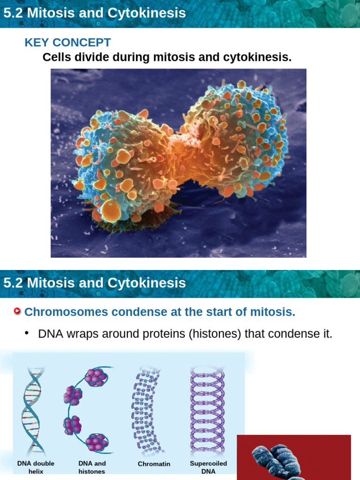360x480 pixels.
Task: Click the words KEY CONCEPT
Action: [67, 43]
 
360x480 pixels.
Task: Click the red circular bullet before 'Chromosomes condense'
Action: [18, 312]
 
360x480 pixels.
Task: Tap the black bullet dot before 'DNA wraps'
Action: [27, 333]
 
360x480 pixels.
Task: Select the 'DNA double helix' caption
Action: [36, 467]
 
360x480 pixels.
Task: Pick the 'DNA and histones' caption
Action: [92, 467]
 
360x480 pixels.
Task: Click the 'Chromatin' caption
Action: [154, 464]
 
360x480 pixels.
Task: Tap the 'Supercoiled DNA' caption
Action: [208, 467]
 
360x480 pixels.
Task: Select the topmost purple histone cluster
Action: [96, 377]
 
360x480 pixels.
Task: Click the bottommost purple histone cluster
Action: [97, 442]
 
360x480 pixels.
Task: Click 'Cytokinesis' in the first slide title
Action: [155, 13]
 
